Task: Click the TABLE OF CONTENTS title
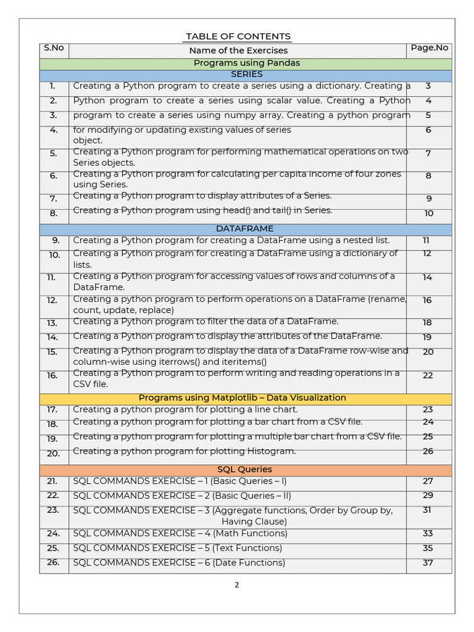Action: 238,36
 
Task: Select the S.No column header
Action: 54,48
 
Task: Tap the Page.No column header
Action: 430,48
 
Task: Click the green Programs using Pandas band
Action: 246,63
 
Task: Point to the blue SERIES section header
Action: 246,75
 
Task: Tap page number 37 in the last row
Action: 428,562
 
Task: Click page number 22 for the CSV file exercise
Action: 428,375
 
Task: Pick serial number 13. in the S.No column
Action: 52,323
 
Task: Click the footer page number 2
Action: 236,586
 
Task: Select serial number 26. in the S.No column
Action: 52,562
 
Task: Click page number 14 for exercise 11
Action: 428,278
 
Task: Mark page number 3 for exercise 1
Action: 428,86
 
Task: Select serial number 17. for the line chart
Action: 52,409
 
